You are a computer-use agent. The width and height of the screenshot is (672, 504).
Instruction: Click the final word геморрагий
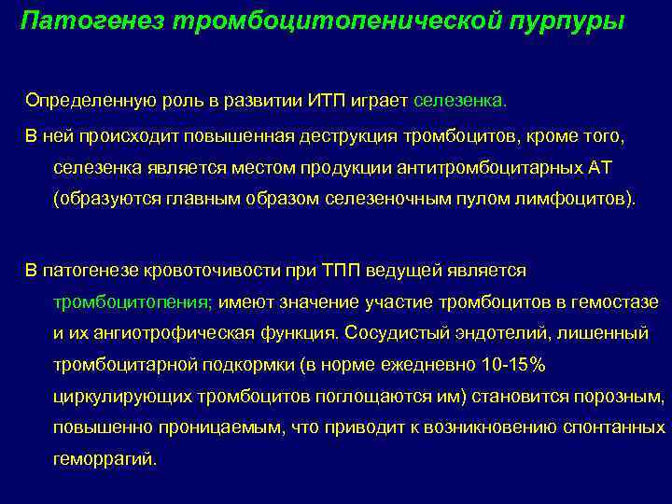click(x=105, y=459)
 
